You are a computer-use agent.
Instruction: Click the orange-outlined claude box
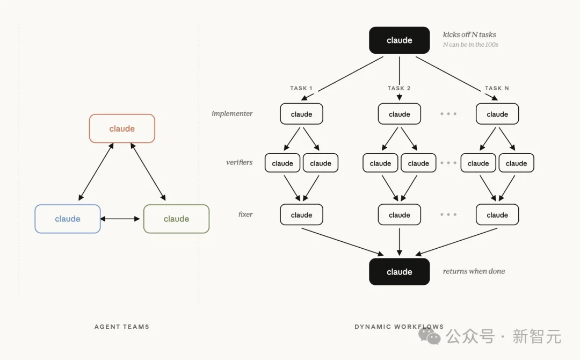122,128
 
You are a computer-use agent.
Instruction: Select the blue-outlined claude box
68,219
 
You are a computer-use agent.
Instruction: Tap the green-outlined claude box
177,219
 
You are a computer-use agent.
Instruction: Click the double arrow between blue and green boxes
120,219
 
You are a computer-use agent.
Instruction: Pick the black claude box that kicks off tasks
400,40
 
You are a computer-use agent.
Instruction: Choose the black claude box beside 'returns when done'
400,271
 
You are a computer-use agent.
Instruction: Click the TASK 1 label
301,88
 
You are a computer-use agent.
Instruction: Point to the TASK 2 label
399,88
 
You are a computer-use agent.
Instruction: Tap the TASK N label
497,88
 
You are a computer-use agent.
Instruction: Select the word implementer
232,113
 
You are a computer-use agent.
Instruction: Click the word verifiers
240,162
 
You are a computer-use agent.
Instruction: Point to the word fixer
245,214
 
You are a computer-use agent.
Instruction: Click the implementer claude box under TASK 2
400,114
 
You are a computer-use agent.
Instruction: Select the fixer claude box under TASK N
497,214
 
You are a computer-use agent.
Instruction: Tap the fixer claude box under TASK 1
301,214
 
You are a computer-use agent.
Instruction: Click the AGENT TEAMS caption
122,327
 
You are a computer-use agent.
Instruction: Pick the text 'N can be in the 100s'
470,45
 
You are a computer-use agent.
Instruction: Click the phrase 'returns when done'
474,271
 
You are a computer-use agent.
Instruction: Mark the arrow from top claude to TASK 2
400,78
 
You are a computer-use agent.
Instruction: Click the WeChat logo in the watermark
430,336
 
